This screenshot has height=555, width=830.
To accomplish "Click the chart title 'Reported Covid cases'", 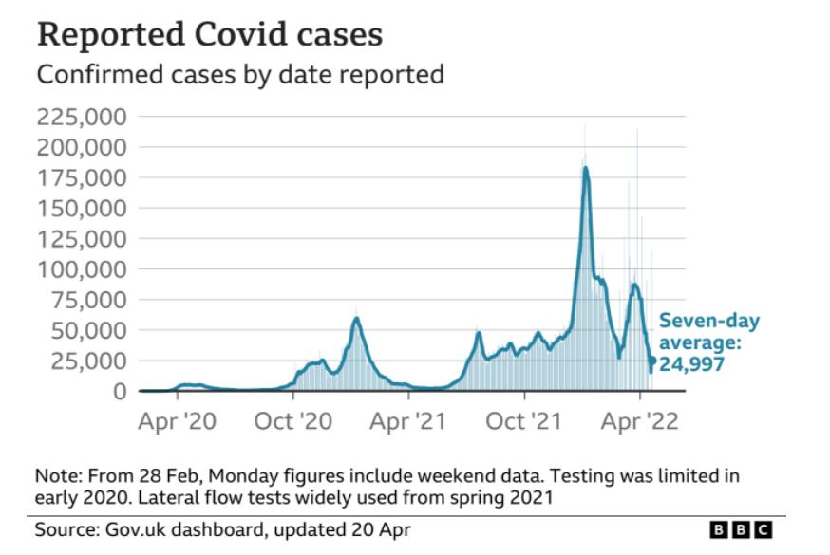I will tap(209, 34).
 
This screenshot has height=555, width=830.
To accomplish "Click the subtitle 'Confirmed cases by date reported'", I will tap(239, 74).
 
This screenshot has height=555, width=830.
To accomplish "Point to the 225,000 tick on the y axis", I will tap(82, 117).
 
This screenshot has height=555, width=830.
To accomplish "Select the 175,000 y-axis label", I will tap(82, 177).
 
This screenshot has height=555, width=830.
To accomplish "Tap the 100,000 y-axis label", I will tap(82, 268).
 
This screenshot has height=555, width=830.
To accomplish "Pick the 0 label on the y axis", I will tap(120, 391).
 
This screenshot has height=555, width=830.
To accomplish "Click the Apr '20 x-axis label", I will tap(178, 421).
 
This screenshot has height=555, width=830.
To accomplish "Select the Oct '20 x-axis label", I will tap(292, 421).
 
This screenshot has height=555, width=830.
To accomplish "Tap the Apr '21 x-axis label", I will tap(409, 421).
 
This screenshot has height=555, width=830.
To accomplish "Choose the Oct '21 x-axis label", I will tap(525, 421).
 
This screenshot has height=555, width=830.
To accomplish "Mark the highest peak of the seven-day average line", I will tap(586, 168).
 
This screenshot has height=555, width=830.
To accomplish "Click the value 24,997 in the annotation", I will tap(692, 364).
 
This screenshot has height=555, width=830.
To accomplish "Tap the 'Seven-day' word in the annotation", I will tap(709, 320).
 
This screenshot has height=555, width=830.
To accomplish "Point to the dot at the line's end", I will tap(652, 358).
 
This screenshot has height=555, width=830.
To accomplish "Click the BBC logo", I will tap(741, 529).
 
